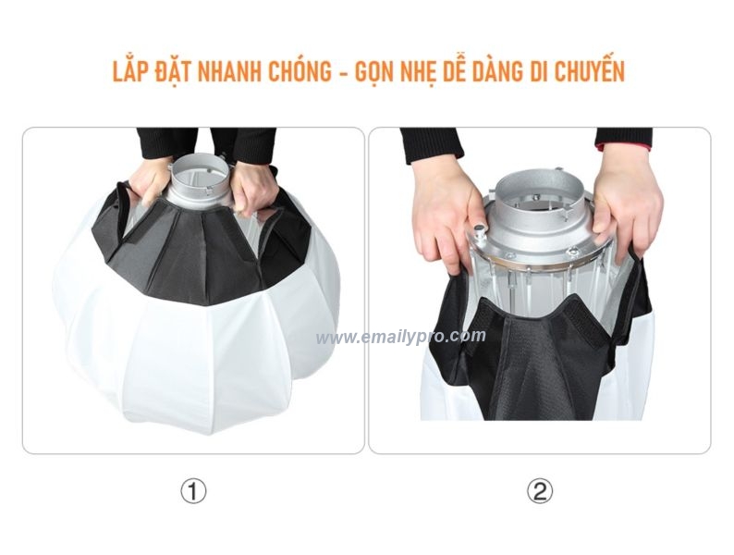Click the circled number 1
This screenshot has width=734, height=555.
coord(192,491)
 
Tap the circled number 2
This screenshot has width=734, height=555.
coord(540,491)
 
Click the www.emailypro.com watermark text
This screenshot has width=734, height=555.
coord(400,337)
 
